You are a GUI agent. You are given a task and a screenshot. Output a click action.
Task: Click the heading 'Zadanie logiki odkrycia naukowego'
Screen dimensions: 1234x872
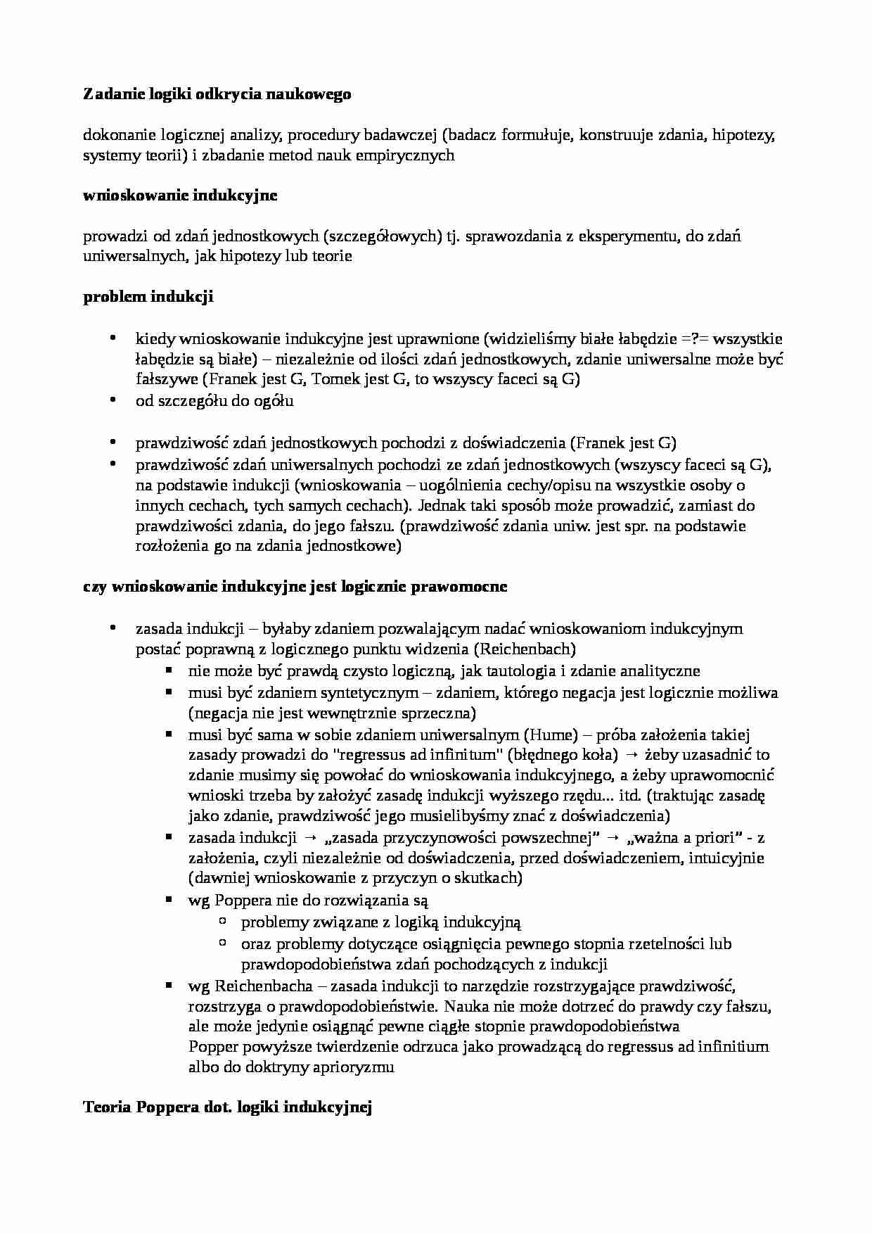[x=217, y=94]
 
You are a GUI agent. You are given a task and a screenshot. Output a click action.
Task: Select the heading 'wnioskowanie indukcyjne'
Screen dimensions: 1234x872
[x=180, y=196]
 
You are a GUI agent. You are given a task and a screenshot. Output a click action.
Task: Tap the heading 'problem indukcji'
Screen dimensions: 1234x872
[x=148, y=297]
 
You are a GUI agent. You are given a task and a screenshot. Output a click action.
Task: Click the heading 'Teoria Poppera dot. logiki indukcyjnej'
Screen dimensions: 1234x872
[x=227, y=1107]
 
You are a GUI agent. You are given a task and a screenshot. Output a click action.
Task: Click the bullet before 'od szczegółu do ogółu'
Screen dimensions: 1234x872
[x=113, y=400]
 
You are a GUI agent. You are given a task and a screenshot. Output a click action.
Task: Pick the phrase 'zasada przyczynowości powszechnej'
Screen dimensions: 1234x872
[x=461, y=838]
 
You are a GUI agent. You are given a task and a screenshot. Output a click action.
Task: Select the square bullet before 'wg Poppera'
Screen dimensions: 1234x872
[x=169, y=899]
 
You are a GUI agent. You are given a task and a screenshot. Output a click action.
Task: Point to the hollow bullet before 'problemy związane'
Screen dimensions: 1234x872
[x=222, y=920]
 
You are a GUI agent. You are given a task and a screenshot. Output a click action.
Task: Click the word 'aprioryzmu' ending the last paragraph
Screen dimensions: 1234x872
[x=356, y=1067]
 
